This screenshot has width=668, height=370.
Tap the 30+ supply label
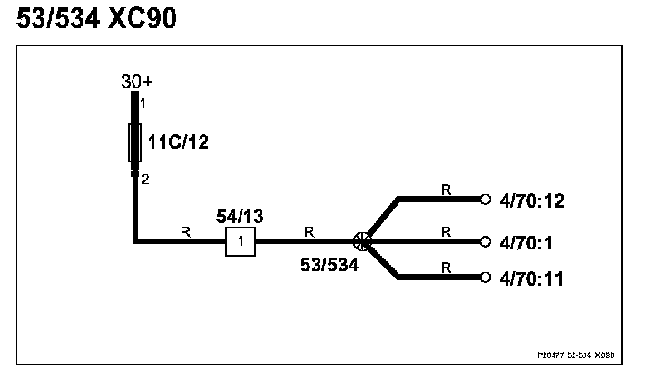136,82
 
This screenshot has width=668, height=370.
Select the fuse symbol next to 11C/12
136,142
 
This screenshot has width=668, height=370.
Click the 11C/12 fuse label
180,141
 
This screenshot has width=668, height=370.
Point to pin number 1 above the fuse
143,102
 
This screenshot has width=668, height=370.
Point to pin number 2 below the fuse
144,180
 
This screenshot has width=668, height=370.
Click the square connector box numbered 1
240,241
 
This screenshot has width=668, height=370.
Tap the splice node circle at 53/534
360,241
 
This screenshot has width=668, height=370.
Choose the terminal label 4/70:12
532,200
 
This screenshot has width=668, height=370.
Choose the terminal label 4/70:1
526,242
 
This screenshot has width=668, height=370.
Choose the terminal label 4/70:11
532,278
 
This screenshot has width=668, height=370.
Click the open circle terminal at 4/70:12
486,199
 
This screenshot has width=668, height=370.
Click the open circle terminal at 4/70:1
486,242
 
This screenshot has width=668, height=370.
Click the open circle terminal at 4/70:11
486,277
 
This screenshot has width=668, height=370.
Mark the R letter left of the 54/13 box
185,232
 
